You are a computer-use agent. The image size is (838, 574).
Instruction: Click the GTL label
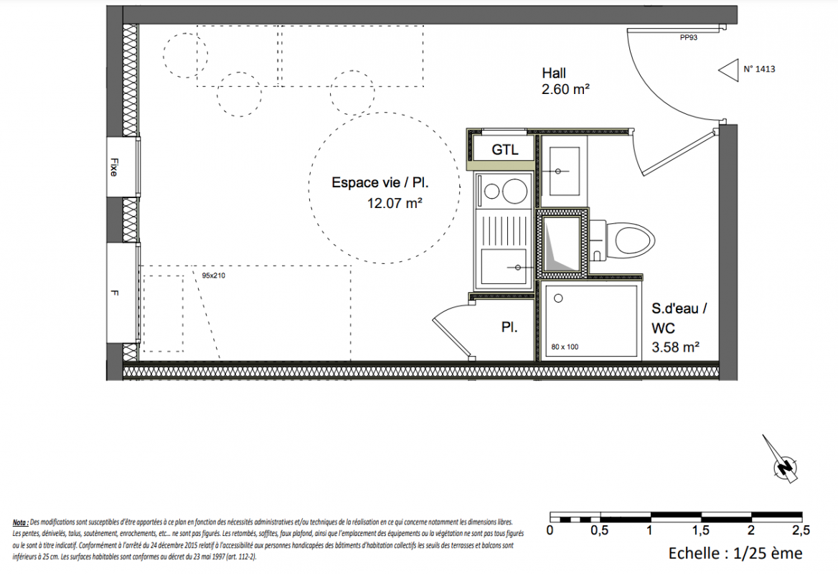click(x=505, y=150)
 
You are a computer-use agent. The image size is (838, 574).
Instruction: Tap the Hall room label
click(x=554, y=73)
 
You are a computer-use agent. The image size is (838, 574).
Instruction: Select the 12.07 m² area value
click(x=395, y=203)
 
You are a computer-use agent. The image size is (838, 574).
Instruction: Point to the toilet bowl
click(x=634, y=240)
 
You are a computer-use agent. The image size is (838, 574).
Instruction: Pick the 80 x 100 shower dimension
click(x=565, y=347)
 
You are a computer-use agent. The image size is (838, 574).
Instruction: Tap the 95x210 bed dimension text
click(x=213, y=276)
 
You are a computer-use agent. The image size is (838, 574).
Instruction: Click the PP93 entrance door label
click(x=688, y=38)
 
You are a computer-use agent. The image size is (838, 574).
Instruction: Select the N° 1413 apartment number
click(x=759, y=69)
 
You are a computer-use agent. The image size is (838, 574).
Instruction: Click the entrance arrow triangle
click(x=729, y=70)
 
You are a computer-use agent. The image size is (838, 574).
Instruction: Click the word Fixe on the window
click(x=114, y=166)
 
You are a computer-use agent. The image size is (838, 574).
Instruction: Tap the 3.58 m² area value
click(x=676, y=347)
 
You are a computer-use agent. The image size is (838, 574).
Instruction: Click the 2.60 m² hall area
click(x=565, y=89)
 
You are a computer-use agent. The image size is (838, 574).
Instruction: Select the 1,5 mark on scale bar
click(x=701, y=530)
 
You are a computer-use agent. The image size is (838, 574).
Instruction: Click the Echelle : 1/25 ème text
click(x=735, y=553)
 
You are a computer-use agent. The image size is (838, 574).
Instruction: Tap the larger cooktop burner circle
click(x=514, y=191)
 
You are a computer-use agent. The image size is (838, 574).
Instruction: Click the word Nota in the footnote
click(x=20, y=522)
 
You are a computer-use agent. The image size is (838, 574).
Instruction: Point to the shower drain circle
click(x=558, y=298)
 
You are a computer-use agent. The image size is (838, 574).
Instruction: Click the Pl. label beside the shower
click(x=509, y=327)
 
